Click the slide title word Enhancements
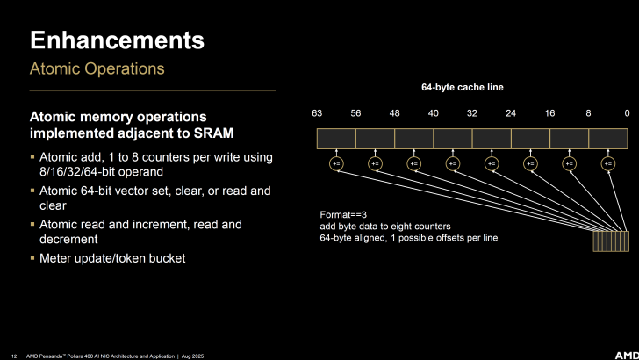tap(118, 40)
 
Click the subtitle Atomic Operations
tap(97, 68)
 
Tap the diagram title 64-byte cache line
tap(463, 88)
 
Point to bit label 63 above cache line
tap(317, 113)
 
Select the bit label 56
tap(355, 113)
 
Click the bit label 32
tap(472, 113)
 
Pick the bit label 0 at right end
tap(627, 113)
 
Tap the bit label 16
tap(549, 113)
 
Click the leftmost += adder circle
tap(336, 163)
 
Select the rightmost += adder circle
tap(608, 163)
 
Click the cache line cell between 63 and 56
tap(336, 138)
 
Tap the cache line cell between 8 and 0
tap(608, 138)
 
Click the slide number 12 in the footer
tap(15, 353)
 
